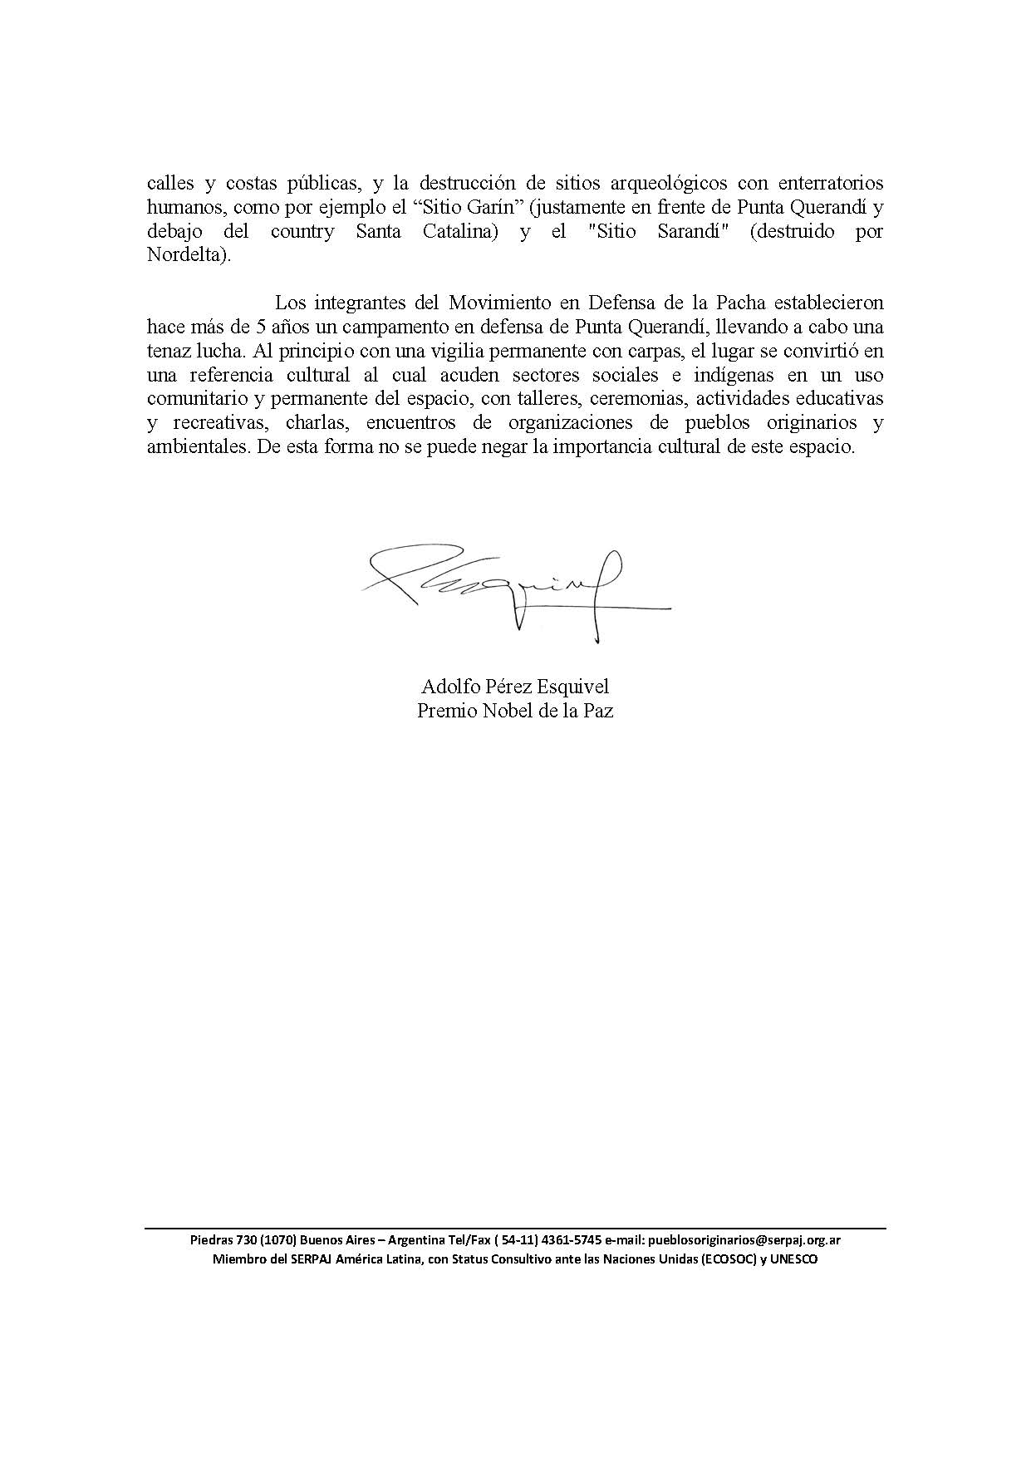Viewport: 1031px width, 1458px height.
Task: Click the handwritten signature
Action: (515, 586)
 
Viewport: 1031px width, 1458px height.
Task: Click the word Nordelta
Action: (184, 255)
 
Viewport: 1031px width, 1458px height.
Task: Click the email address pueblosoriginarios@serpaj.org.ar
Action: (744, 1239)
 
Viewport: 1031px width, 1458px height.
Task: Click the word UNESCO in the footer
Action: (794, 1259)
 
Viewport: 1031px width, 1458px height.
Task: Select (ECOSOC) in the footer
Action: (726, 1259)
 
